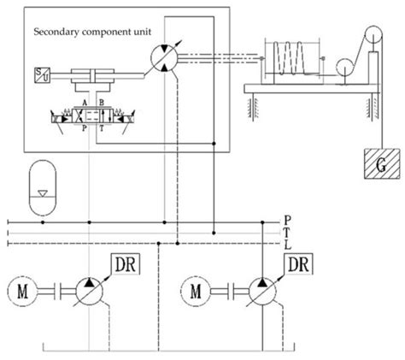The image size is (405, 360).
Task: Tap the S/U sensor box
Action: click(39, 74)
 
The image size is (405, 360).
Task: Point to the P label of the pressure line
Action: click(286, 221)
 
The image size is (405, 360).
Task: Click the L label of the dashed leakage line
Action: click(286, 246)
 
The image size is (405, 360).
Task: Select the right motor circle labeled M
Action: click(199, 293)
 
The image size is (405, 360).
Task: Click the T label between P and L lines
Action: click(286, 233)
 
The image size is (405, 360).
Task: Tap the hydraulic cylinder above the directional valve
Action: click(93, 78)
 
